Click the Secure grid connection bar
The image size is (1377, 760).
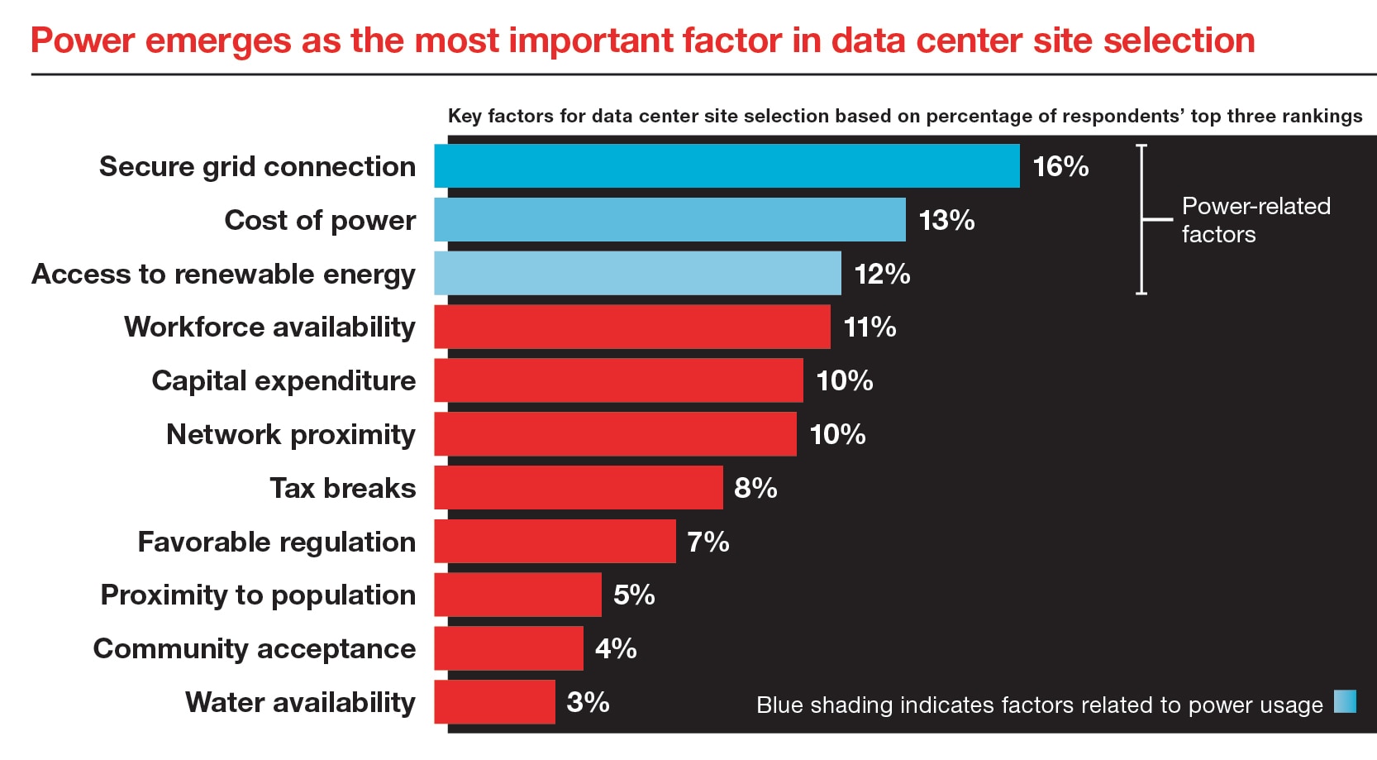(727, 166)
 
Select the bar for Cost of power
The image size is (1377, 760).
(669, 220)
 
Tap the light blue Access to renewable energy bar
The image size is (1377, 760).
(637, 274)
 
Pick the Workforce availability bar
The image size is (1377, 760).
(632, 327)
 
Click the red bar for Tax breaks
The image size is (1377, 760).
(579, 488)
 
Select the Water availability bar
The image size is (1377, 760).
(494, 702)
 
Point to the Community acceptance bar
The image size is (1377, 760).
(508, 648)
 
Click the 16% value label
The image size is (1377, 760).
(1060, 166)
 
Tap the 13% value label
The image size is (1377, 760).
(946, 220)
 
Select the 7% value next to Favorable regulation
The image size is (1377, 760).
(708, 542)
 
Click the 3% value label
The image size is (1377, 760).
(588, 702)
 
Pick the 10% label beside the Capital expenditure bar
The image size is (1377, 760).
(844, 380)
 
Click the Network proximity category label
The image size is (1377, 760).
(291, 434)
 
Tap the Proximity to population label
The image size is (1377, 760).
(258, 595)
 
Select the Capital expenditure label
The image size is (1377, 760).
(283, 380)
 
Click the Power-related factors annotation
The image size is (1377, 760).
(1255, 220)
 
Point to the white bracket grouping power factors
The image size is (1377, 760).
(1143, 219)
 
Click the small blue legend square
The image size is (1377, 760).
(1346, 701)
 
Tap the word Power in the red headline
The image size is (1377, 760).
(82, 41)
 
